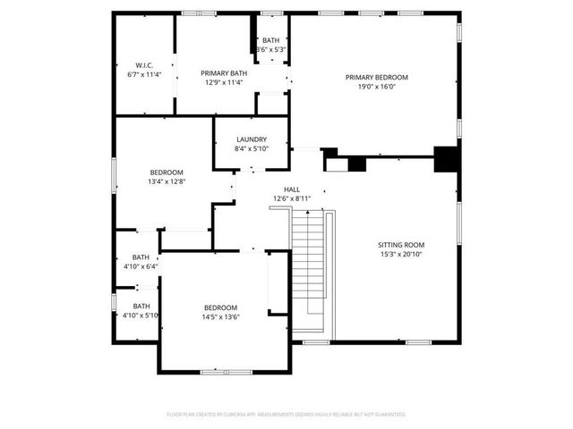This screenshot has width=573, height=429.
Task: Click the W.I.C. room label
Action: (x=145, y=64)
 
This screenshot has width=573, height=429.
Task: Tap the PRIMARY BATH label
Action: (x=225, y=73)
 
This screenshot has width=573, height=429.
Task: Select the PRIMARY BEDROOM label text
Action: (x=377, y=77)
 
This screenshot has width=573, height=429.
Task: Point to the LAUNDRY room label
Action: (x=252, y=139)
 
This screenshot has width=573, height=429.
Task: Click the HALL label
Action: (x=292, y=189)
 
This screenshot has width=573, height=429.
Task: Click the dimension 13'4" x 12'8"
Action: (x=167, y=182)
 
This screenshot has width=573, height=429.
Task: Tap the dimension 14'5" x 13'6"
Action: (x=220, y=316)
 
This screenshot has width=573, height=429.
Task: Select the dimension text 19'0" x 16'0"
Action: (x=377, y=87)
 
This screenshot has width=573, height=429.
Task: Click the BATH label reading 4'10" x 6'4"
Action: (x=141, y=257)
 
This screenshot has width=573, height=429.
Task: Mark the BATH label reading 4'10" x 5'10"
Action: (x=141, y=306)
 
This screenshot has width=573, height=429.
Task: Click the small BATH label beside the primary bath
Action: (x=270, y=40)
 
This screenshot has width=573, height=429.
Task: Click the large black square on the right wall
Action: (x=446, y=158)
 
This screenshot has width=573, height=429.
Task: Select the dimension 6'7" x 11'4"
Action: (x=145, y=74)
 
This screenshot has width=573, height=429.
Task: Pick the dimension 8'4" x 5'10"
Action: (x=252, y=149)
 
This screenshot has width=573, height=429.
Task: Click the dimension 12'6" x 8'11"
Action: (x=292, y=199)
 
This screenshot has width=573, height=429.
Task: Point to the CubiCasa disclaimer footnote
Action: (x=286, y=414)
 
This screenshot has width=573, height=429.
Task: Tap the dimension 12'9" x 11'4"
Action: (x=225, y=83)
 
